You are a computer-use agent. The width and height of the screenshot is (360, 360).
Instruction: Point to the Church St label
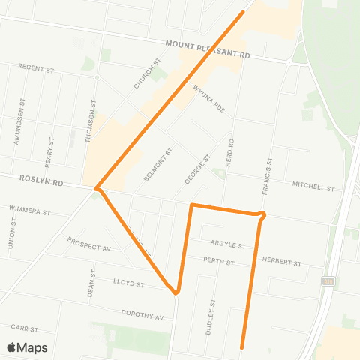[147, 74]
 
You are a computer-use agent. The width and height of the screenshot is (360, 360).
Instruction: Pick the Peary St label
[49, 151]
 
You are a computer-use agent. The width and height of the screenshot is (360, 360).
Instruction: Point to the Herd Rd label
[232, 153]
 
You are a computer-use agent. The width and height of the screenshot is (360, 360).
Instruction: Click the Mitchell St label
[311, 185]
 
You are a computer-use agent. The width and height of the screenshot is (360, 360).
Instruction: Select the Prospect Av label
[88, 244]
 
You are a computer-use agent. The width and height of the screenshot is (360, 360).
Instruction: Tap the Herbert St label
[281, 262]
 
